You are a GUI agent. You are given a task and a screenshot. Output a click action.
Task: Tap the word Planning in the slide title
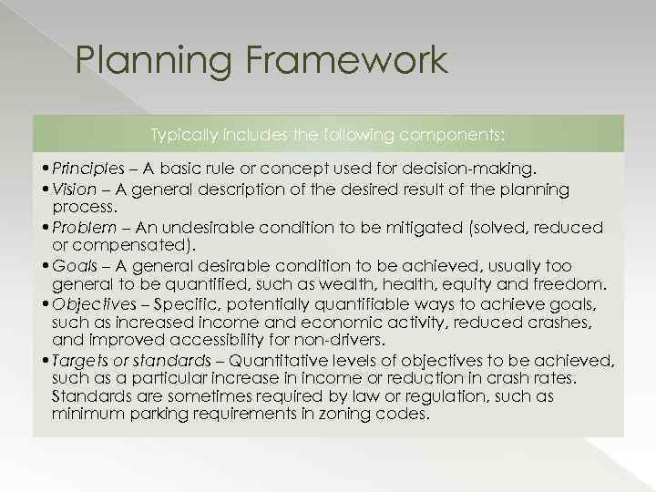pyautogui.click(x=155, y=62)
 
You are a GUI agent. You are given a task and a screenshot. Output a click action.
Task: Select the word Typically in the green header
pyautogui.click(x=184, y=134)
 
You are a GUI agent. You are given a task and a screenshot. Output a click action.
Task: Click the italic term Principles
pyautogui.click(x=87, y=169)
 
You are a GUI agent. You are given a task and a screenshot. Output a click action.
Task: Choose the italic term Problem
pyautogui.click(x=84, y=227)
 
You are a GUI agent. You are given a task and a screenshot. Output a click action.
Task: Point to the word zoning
pyautogui.click(x=351, y=414)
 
